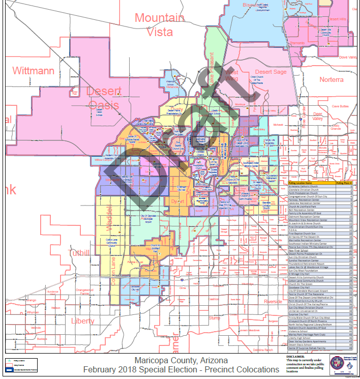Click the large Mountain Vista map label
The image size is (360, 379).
click(159, 24)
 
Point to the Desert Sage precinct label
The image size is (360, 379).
click(271, 72)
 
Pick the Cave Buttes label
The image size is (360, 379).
click(340, 106)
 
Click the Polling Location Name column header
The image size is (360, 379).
click(300, 182)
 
